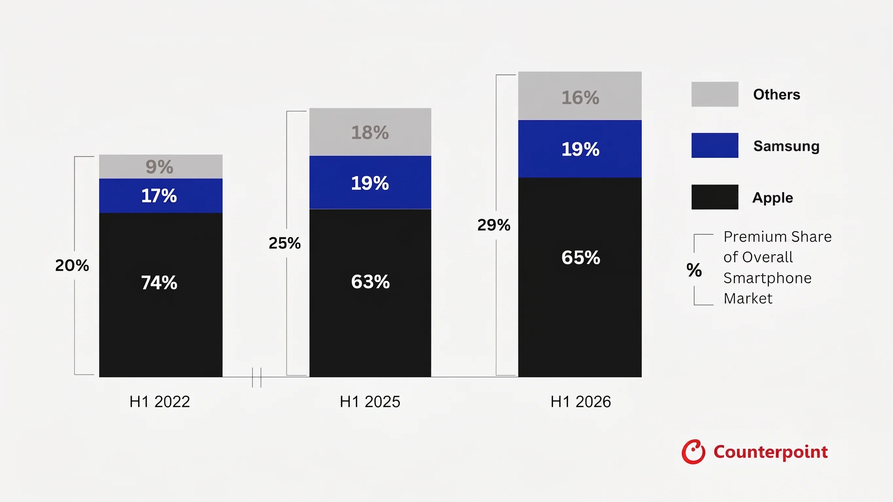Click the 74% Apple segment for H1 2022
coord(161,295)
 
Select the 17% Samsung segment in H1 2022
coord(161,196)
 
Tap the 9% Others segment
coord(161,167)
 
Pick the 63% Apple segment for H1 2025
coord(370,293)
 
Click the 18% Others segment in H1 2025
coord(370,132)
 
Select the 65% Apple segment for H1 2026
coord(580,277)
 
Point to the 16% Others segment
coord(580,96)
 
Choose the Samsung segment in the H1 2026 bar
coord(580,149)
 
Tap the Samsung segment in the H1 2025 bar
coord(370,183)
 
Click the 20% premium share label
coord(72,265)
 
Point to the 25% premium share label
coord(285,243)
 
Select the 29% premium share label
coord(494,225)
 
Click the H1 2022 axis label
coord(160,402)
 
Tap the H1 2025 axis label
coord(370,402)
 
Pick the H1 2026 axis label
coord(581,402)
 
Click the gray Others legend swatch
coord(715,94)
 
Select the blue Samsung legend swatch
coord(715,145)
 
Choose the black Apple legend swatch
coord(715,197)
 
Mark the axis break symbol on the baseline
coord(256,377)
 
